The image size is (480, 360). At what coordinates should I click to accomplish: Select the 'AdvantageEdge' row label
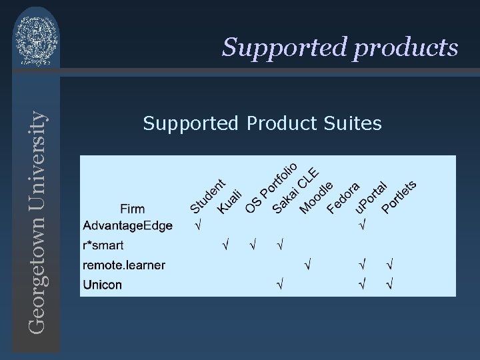pos(127,226)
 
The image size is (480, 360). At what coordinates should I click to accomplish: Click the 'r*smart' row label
pos(103,245)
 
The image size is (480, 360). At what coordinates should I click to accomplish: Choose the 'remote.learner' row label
pos(124,265)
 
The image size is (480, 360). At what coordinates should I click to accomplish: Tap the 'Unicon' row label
pos(103,285)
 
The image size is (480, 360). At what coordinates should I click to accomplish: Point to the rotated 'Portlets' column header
pos(399,197)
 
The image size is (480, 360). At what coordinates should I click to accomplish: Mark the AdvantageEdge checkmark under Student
pos(197,226)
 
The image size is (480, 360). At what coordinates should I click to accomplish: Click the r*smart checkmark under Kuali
pos(225,246)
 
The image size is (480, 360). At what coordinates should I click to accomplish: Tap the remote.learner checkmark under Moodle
pos(308,265)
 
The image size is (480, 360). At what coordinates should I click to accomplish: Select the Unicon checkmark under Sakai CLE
pos(281,285)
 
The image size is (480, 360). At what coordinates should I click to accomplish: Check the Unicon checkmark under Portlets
pos(389,285)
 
